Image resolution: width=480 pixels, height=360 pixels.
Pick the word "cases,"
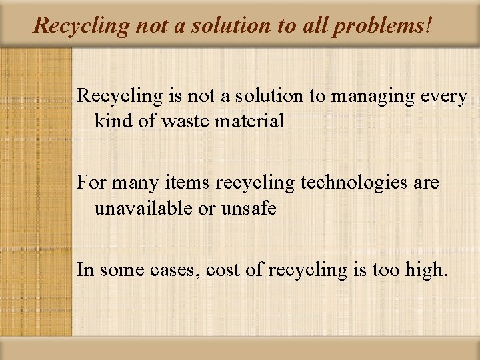pyautogui.click(x=177, y=270)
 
